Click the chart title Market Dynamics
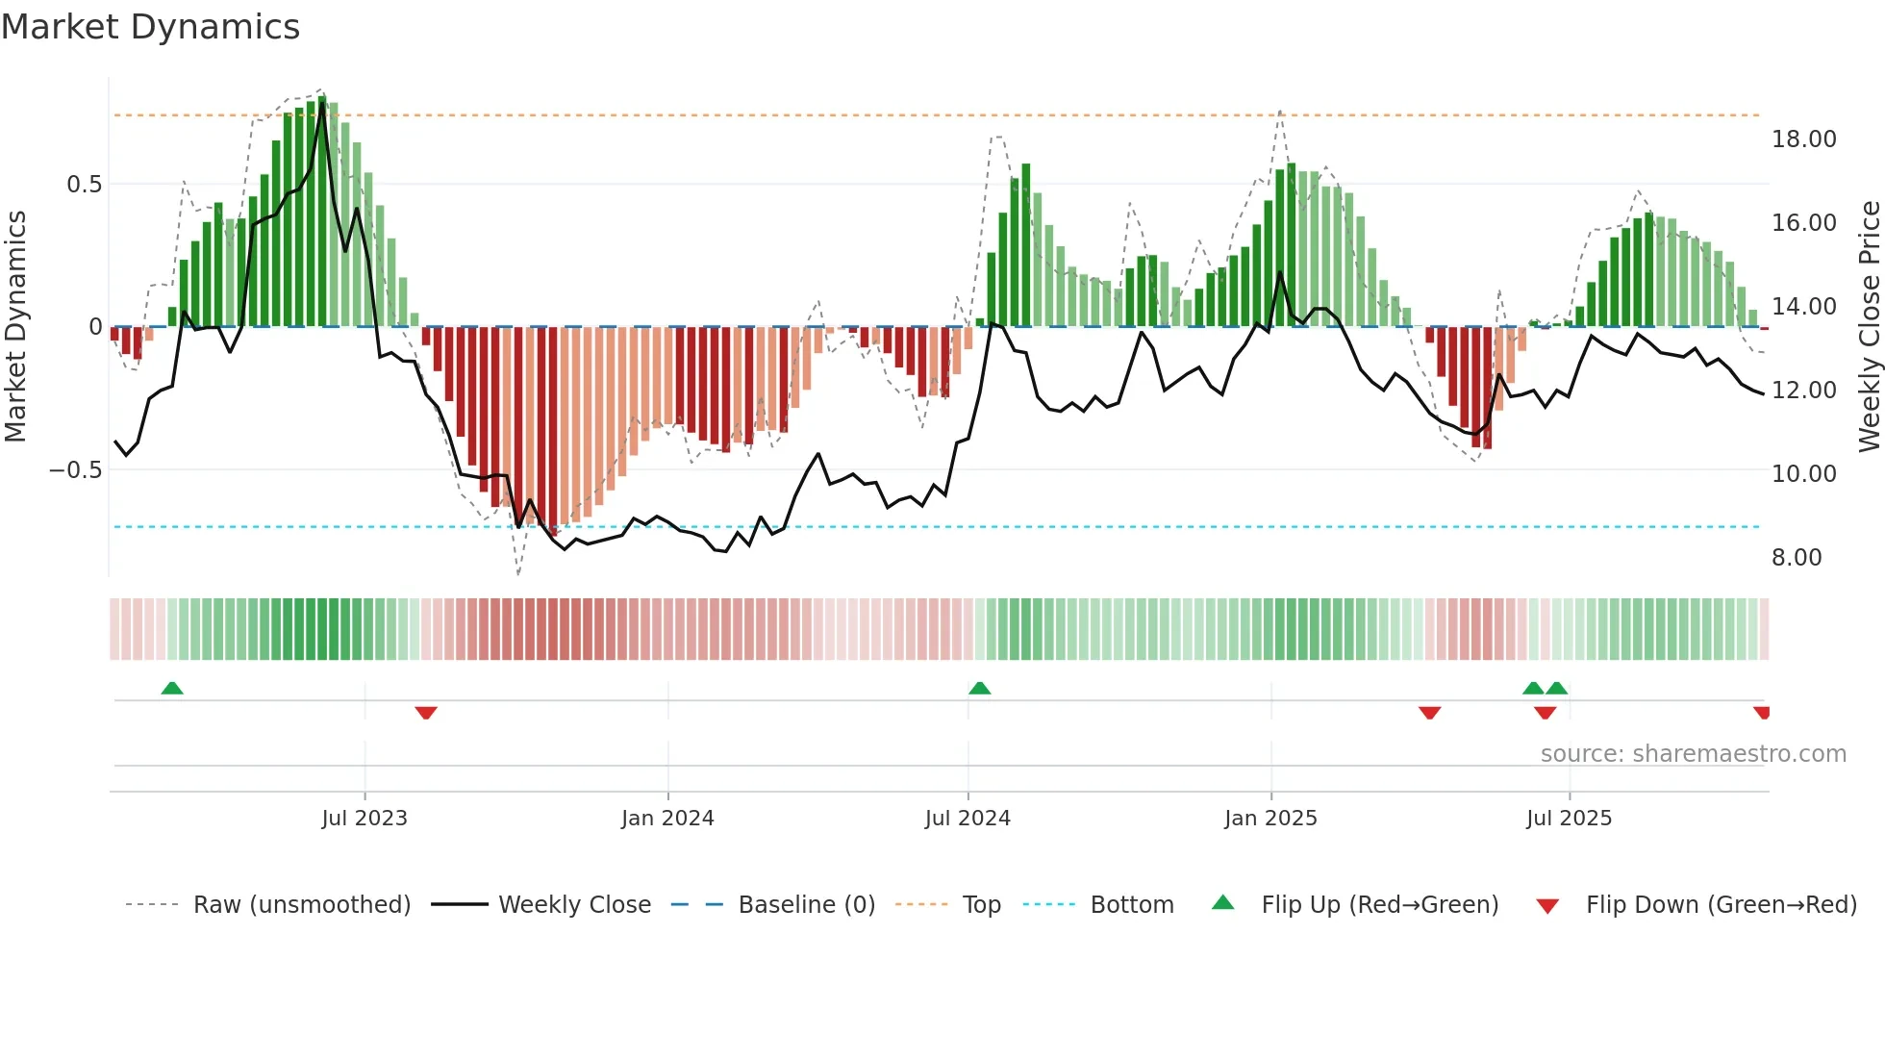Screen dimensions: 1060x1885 pos(150,27)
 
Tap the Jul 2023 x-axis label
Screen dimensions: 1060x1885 pos(364,819)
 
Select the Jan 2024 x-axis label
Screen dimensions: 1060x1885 pos(667,819)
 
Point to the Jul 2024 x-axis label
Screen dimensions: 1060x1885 pos(968,819)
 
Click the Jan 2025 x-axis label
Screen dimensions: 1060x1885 pos(1270,819)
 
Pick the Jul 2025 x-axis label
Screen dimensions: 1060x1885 pos(1569,819)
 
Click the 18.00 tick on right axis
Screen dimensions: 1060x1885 pos(1803,139)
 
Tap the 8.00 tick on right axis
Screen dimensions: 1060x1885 pos(1797,558)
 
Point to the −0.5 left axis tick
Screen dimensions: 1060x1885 pos(76,470)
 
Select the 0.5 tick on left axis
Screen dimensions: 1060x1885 pos(84,185)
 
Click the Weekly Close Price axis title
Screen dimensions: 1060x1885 pos(1869,327)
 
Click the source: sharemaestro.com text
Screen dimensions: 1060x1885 pos(1693,754)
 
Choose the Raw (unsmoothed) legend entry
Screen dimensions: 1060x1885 pos(301,905)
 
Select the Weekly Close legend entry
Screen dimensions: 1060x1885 pos(574,905)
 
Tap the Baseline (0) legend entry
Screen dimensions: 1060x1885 pos(806,905)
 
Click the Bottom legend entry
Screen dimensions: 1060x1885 pos(1131,905)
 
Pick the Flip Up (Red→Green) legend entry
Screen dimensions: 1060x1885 pos(1379,905)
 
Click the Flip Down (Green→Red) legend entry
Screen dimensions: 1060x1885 pos(1721,905)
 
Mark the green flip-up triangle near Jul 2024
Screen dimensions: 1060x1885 pos(979,689)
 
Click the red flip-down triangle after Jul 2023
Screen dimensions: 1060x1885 pos(426,712)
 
